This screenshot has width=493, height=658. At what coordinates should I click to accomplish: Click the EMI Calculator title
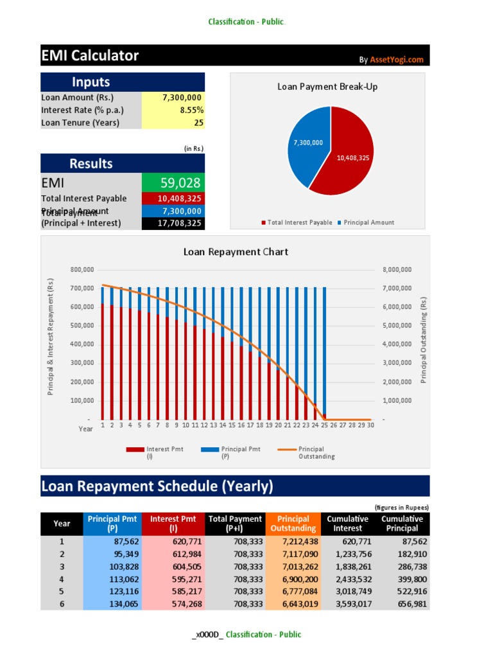pyautogui.click(x=90, y=56)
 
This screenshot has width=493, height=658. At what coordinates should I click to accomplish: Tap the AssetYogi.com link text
pyautogui.click(x=397, y=60)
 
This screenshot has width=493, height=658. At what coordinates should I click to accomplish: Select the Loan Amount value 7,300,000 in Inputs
pyautogui.click(x=182, y=98)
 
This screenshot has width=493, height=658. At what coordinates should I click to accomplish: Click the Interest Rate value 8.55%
pyautogui.click(x=189, y=110)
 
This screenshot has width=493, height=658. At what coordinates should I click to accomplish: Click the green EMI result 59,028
pyautogui.click(x=180, y=182)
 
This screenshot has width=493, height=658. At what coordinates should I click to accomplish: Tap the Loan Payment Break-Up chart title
pyautogui.click(x=327, y=86)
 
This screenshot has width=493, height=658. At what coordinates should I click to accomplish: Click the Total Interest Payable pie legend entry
pyautogui.click(x=297, y=222)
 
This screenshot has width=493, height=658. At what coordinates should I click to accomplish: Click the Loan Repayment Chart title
pyautogui.click(x=236, y=252)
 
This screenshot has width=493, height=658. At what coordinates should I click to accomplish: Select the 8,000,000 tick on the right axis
pyautogui.click(x=397, y=269)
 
